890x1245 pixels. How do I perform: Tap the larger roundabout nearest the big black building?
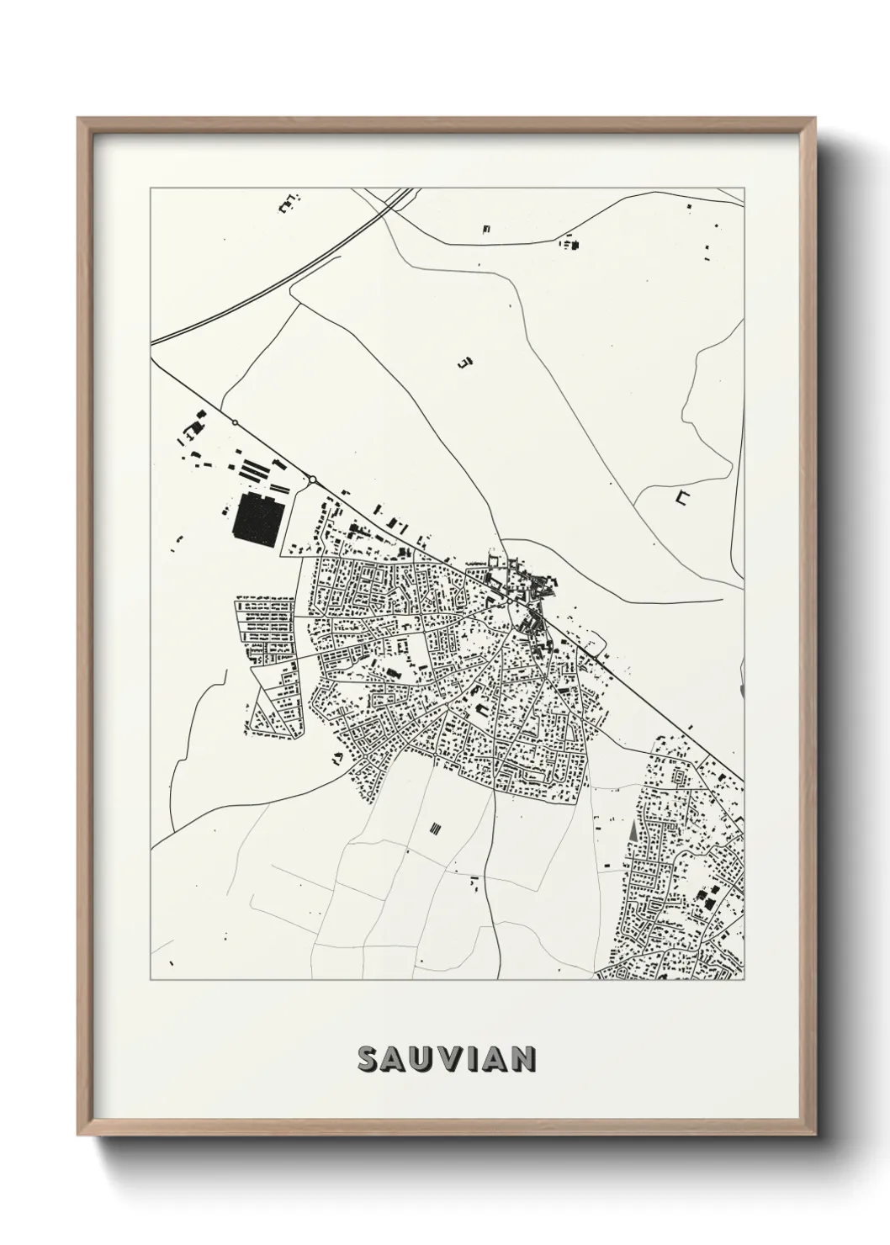(312, 479)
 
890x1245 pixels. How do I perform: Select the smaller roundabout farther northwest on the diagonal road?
(236, 422)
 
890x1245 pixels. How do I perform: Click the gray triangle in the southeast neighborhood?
(632, 829)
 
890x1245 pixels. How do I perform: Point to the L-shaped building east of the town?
(681, 498)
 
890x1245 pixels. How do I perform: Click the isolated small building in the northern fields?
(464, 363)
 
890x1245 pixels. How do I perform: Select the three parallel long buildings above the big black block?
(257, 468)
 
